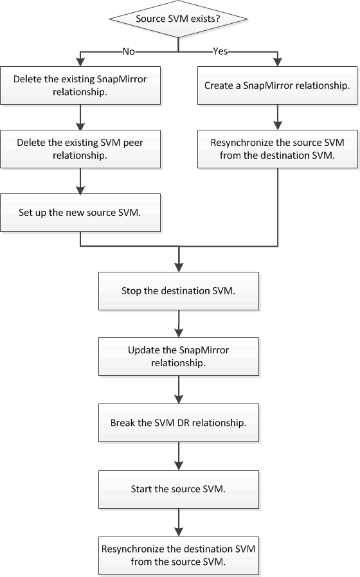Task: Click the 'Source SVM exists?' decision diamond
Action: [x=179, y=19]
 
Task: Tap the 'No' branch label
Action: [x=129, y=51]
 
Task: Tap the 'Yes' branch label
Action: [x=221, y=51]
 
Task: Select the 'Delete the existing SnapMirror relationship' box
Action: [x=80, y=85]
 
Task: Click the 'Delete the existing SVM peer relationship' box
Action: [x=80, y=149]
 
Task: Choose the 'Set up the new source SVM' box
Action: [x=80, y=213]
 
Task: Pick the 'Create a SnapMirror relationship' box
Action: [x=277, y=85]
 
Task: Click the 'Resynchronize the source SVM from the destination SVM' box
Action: [x=277, y=149]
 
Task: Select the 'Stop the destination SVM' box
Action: [x=179, y=291]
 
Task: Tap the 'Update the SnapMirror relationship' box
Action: [x=179, y=357]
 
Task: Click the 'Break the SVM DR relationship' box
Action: [x=179, y=423]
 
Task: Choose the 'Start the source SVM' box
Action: [x=179, y=490]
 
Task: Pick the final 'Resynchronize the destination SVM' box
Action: [x=179, y=556]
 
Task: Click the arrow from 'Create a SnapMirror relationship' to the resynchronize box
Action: [x=278, y=118]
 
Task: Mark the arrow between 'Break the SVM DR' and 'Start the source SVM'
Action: [x=179, y=456]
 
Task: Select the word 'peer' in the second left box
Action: [x=133, y=143]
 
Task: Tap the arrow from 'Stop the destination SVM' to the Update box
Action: [x=179, y=324]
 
